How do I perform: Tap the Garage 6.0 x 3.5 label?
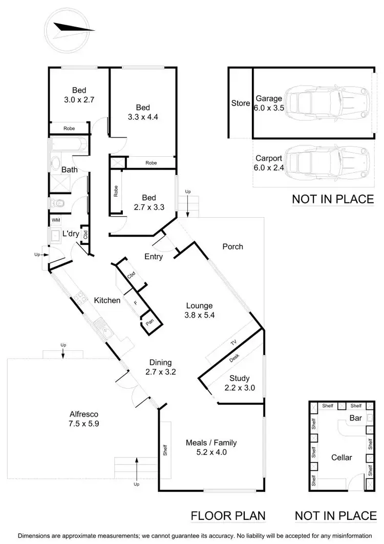tap(269, 103)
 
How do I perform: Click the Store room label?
tap(240, 103)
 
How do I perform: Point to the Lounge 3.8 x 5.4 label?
tap(200, 310)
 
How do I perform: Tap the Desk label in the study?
tap(234, 359)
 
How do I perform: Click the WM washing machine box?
tap(55, 220)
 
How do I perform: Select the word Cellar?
tap(342, 457)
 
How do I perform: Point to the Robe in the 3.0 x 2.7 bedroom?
tap(70, 129)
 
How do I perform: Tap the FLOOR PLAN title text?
tap(228, 515)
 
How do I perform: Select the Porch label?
tap(232, 246)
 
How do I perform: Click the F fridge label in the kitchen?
tap(135, 303)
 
